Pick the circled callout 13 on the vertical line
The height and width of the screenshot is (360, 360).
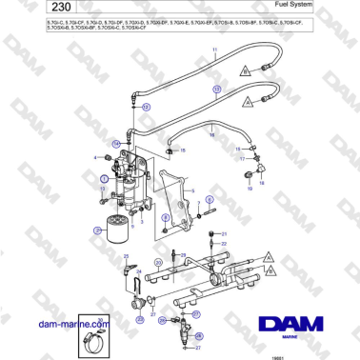(x=146, y=109)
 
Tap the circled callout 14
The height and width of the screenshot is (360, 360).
(x=115, y=143)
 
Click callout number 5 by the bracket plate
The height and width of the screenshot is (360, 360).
(x=194, y=190)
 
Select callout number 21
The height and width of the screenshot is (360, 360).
(x=225, y=233)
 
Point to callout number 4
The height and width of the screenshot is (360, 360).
(x=95, y=156)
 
